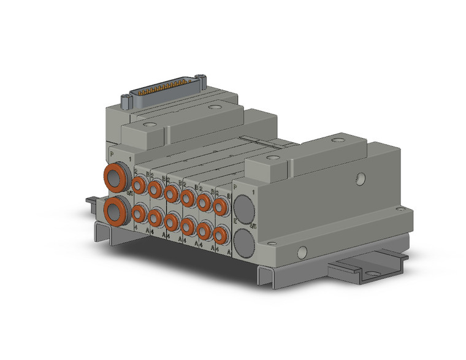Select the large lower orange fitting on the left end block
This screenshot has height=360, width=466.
pyautogui.click(x=115, y=212)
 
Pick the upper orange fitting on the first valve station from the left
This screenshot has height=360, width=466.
pyautogui.click(x=139, y=183)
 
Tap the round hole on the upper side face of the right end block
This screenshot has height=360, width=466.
pyautogui.click(x=361, y=178)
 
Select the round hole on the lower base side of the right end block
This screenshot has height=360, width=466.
pyautogui.click(x=301, y=252)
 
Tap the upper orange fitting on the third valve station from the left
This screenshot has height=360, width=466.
pyautogui.click(x=172, y=193)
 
